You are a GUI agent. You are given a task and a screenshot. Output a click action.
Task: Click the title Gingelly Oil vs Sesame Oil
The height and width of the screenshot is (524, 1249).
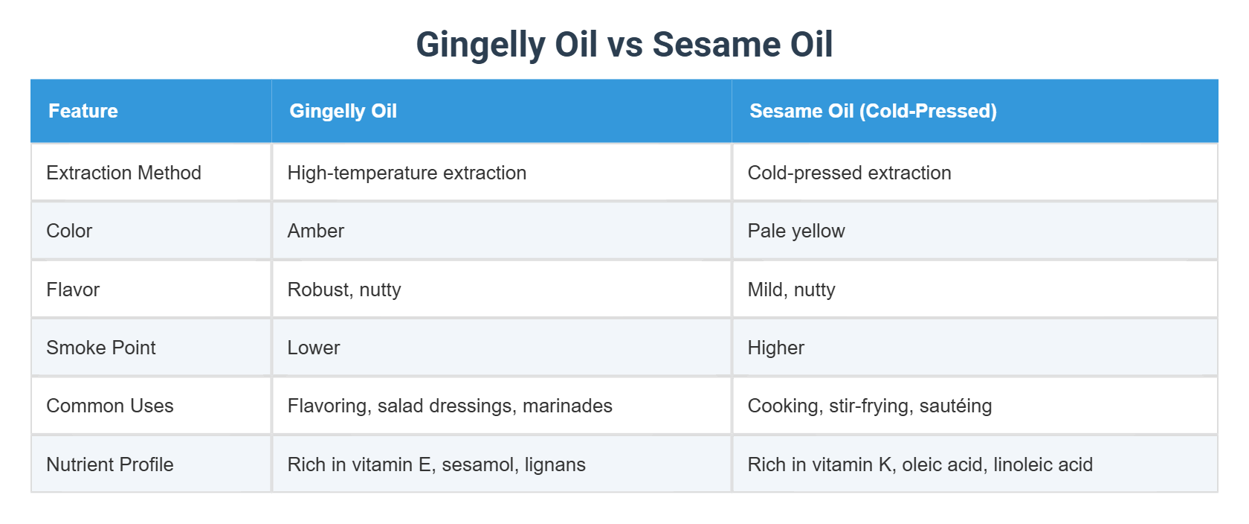(x=624, y=45)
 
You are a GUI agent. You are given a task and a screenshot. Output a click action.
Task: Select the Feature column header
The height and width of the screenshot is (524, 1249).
(x=83, y=111)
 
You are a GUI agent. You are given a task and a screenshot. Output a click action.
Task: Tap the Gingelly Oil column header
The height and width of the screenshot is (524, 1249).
(x=343, y=111)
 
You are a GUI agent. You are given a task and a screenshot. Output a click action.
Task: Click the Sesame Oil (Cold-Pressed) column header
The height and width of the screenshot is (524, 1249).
(x=873, y=111)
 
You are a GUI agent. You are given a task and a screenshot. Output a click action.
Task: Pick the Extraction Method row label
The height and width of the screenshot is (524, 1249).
(x=123, y=173)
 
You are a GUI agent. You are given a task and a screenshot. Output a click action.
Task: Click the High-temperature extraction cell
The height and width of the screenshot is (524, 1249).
(x=407, y=173)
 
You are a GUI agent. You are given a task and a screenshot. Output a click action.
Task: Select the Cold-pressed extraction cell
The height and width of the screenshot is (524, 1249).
(x=849, y=173)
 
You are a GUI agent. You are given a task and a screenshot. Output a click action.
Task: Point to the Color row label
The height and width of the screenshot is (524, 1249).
(x=69, y=231)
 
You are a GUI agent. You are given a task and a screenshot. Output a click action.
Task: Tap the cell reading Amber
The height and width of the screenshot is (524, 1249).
(x=316, y=231)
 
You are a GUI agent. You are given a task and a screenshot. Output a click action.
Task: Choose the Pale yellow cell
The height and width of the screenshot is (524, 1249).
(x=796, y=231)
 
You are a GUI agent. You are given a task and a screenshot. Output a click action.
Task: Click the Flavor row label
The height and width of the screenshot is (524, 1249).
(x=73, y=290)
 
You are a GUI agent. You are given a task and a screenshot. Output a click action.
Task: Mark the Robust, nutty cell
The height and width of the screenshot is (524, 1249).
(x=344, y=290)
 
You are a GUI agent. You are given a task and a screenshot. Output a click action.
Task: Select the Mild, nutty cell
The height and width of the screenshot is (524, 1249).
(x=791, y=290)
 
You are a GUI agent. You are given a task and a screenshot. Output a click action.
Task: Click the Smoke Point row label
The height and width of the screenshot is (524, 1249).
(x=101, y=348)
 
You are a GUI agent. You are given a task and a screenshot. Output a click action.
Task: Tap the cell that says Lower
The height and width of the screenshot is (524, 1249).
(x=314, y=348)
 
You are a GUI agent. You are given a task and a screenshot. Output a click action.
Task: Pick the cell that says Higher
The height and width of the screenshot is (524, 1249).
(x=775, y=348)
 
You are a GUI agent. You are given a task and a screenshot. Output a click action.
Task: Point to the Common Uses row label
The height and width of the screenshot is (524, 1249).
(x=110, y=406)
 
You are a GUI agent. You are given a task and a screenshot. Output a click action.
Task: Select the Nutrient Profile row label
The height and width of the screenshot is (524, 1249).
(x=110, y=464)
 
